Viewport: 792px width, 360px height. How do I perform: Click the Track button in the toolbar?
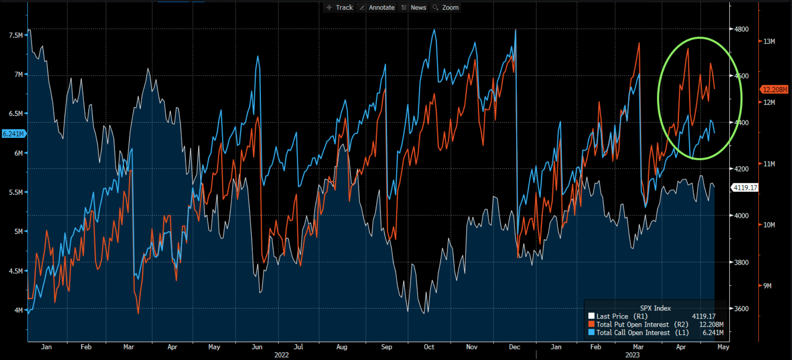point(340,7)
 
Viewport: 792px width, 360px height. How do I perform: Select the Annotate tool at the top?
point(377,7)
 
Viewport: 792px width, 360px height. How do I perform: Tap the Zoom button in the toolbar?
point(446,7)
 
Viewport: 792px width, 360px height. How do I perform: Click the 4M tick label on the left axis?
point(19,310)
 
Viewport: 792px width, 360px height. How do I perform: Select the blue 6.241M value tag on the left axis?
point(13,134)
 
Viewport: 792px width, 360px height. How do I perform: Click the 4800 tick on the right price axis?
point(741,29)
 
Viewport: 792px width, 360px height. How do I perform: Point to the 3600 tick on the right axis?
point(741,309)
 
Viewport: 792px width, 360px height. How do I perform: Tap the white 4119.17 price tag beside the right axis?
point(745,188)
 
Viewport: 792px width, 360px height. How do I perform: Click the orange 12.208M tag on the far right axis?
point(774,90)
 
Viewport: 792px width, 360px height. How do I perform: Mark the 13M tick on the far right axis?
point(769,42)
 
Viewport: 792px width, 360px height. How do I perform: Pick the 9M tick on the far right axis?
point(767,286)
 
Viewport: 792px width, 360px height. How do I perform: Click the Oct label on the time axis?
point(429,347)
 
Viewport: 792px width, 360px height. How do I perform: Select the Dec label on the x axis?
point(514,347)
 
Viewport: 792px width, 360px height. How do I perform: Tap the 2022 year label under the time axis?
point(282,355)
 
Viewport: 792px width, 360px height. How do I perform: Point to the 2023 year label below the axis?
point(632,355)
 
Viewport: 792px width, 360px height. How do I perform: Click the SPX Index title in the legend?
point(655,308)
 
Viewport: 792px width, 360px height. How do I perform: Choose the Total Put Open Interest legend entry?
point(632,325)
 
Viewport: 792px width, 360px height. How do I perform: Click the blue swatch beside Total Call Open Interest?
point(591,332)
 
